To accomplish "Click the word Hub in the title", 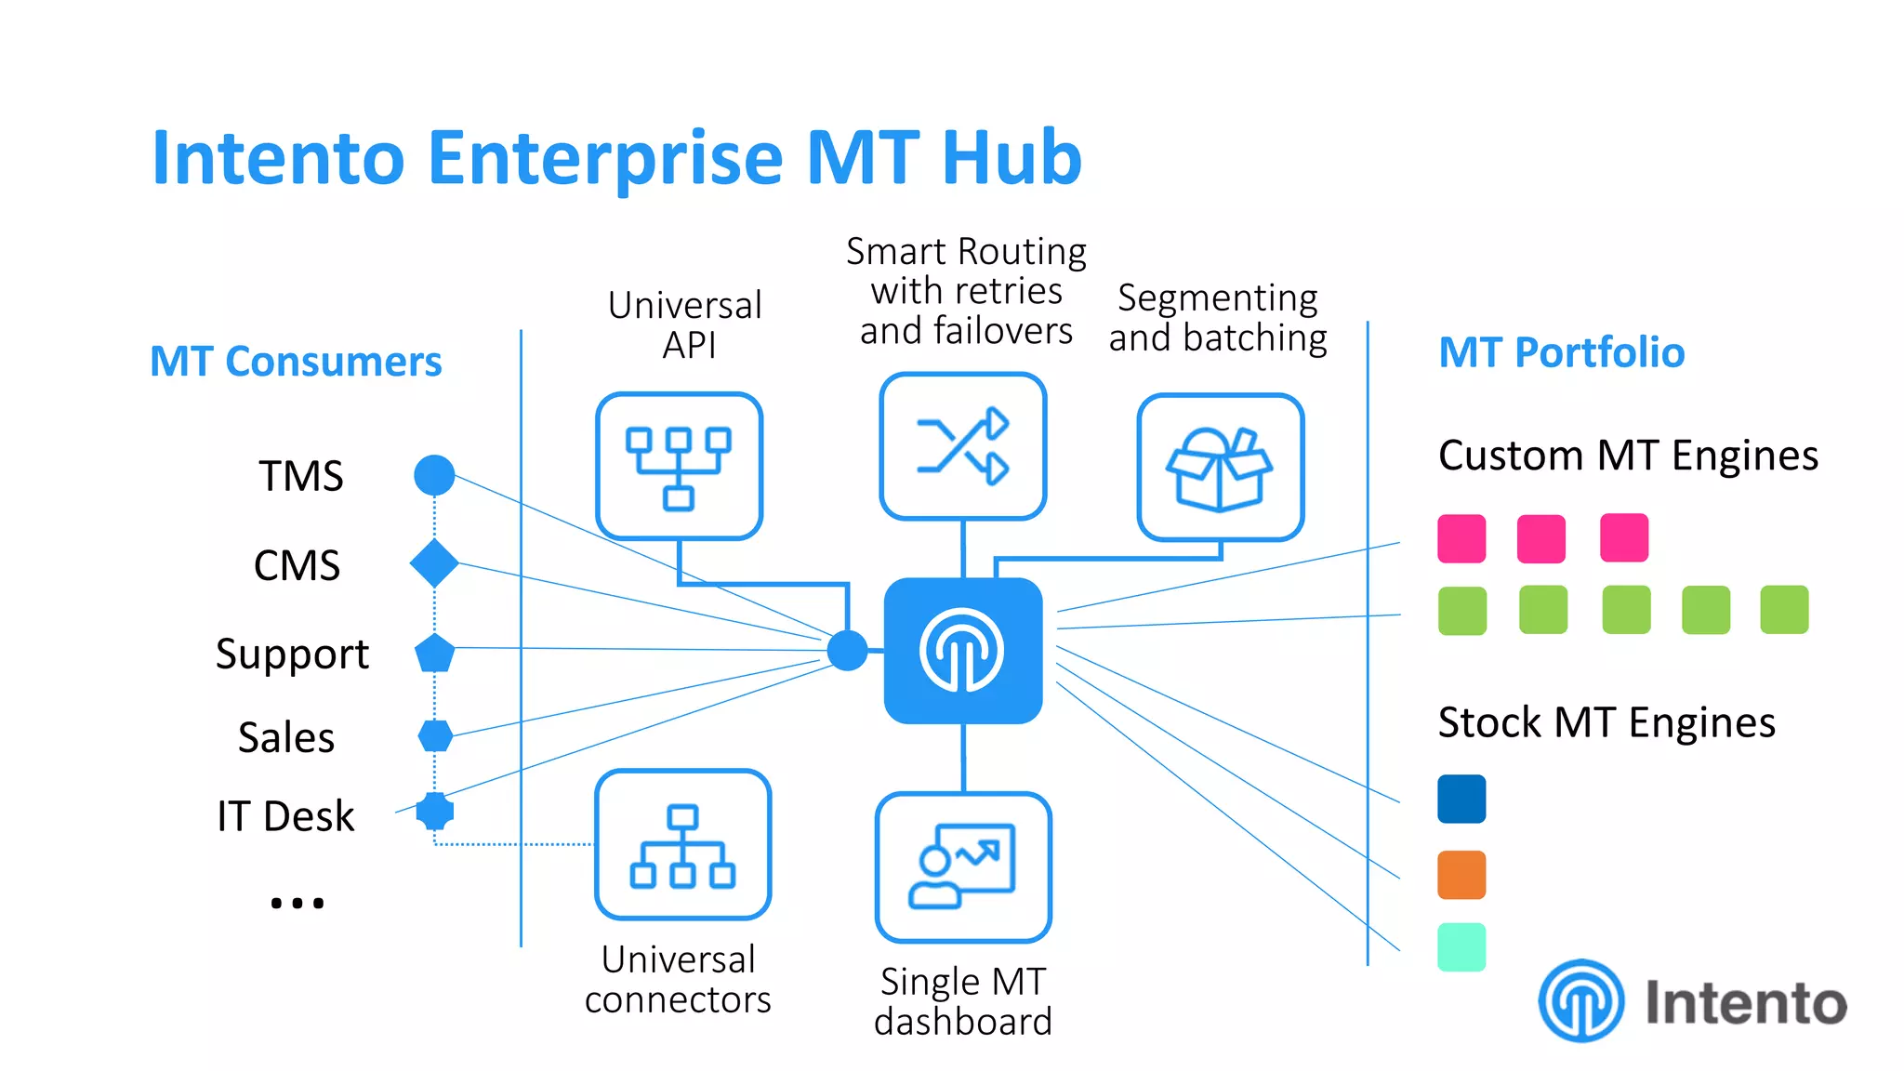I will [1011, 158].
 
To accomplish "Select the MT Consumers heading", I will [296, 362].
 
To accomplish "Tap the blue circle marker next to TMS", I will [434, 475].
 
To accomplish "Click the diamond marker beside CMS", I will [434, 563].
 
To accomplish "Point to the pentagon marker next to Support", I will [434, 654].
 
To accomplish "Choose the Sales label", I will [286, 737].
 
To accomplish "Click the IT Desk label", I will [285, 816].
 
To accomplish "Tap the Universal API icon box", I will [679, 466].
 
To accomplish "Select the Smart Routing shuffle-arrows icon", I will [963, 446].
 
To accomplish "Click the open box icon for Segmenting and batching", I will [1220, 468].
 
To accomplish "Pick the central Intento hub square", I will [963, 651].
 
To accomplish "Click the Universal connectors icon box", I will [682, 844].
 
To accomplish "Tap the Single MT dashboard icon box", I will [963, 866].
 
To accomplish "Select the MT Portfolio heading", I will [1561, 352].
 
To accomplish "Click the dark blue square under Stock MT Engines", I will [1461, 799].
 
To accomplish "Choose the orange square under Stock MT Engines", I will [1461, 875].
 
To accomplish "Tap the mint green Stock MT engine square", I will [1461, 947].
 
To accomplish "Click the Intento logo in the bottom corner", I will [1692, 1001].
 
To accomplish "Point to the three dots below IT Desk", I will [297, 903].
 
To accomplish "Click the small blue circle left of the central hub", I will [847, 650].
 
